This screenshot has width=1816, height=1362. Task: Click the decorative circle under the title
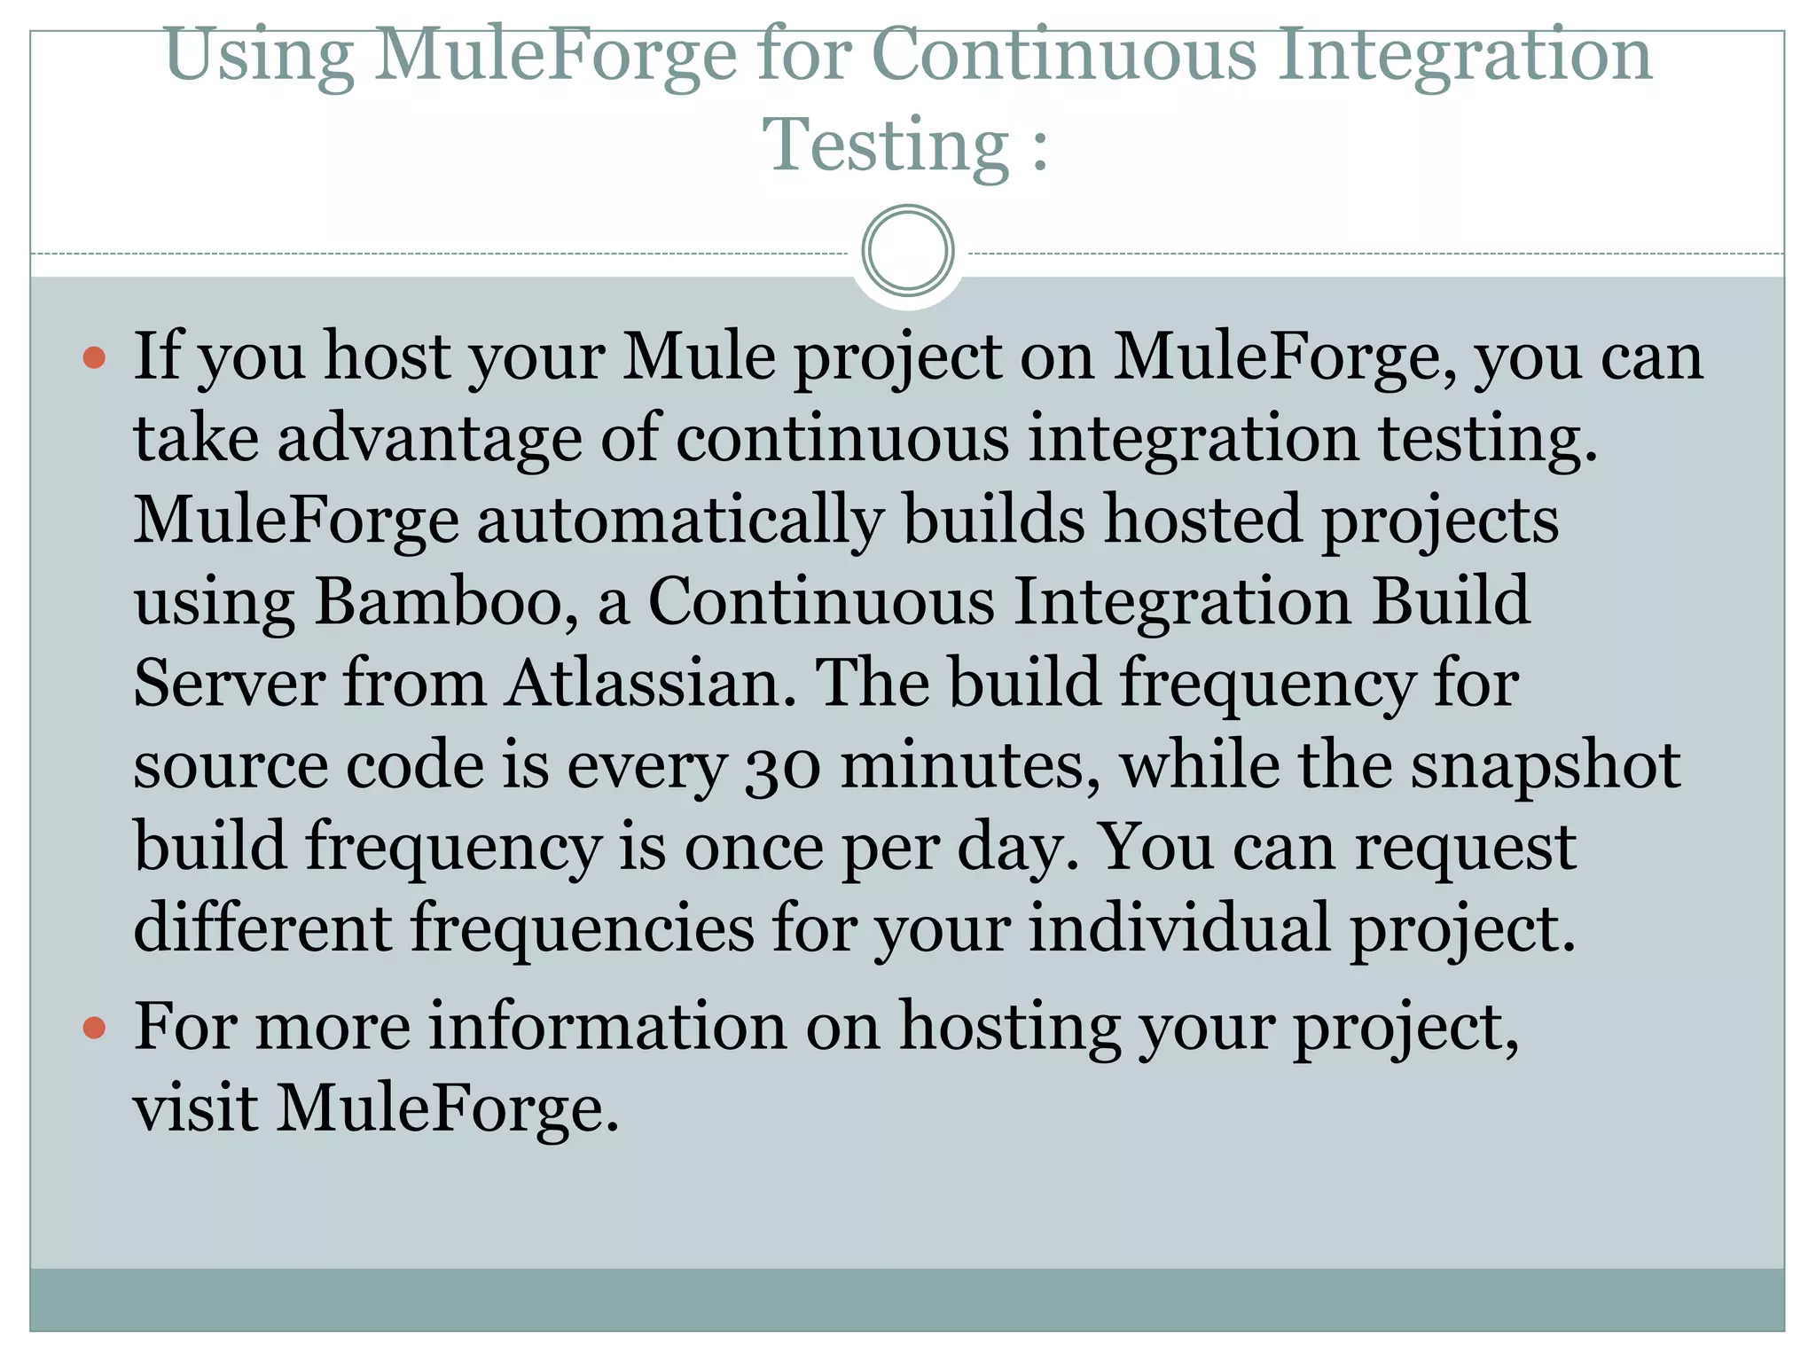click(x=908, y=251)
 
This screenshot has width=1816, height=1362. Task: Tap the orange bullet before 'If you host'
click(x=94, y=358)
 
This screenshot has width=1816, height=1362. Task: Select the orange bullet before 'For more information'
click(x=94, y=1029)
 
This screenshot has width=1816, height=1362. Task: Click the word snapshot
click(x=1545, y=765)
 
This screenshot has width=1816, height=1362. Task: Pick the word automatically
click(x=680, y=521)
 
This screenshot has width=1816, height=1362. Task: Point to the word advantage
click(x=429, y=439)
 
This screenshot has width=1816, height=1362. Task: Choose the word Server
click(x=229, y=684)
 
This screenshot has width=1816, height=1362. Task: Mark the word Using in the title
click(x=259, y=56)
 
